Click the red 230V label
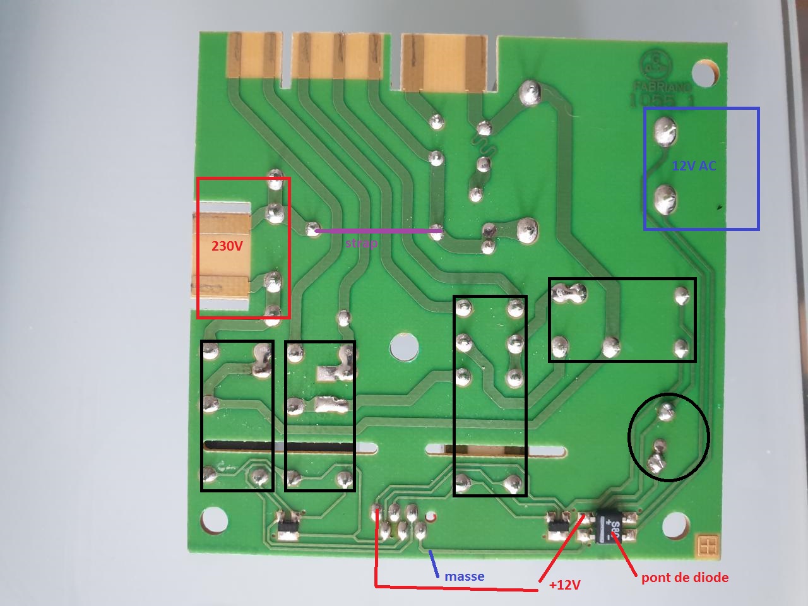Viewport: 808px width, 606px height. click(x=227, y=246)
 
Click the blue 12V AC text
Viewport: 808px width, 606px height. click(x=694, y=166)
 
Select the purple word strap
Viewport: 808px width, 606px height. click(x=362, y=243)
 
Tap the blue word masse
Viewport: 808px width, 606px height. click(x=465, y=576)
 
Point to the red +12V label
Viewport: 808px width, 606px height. click(x=564, y=585)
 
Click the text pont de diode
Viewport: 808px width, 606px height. click(x=685, y=577)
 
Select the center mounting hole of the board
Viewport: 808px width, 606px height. click(x=404, y=347)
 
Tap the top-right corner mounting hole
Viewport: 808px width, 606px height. click(x=703, y=71)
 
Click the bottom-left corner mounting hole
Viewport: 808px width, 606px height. click(x=213, y=521)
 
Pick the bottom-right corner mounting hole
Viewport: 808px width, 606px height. click(x=674, y=526)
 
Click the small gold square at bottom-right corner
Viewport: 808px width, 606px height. click(x=707, y=546)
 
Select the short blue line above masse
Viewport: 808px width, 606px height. click(x=434, y=564)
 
